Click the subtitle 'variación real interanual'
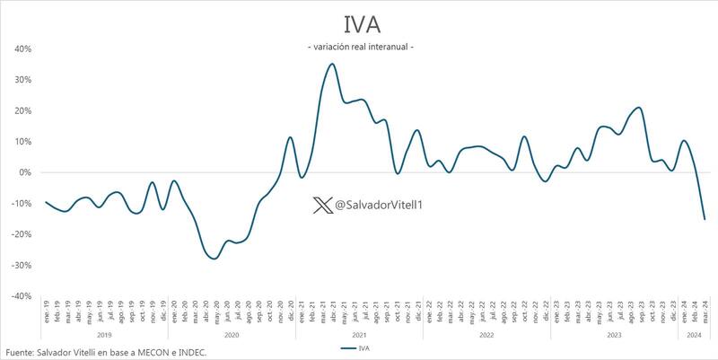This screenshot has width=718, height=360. point(360,47)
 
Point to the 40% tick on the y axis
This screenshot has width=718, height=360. point(22,49)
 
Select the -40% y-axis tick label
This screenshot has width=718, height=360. point(20,296)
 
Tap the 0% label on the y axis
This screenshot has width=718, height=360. point(25,172)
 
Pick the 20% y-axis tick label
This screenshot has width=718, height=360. point(22,110)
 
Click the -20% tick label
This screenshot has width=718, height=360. point(20,234)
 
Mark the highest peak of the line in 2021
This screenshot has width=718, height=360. point(332,64)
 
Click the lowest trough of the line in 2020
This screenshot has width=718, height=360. point(213,259)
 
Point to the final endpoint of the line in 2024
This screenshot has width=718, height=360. point(705,219)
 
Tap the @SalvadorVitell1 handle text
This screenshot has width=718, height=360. point(379,206)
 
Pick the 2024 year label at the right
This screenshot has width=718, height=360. point(694,336)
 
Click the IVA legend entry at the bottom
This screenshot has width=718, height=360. point(359,347)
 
